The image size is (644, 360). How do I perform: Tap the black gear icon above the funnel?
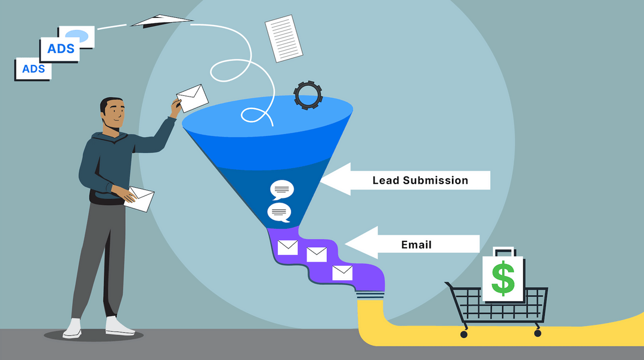click(308, 95)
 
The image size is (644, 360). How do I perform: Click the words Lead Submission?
click(420, 180)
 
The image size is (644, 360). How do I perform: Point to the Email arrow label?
click(416, 244)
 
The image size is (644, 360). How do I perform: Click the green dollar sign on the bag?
click(503, 279)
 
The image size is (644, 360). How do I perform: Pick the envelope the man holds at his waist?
click(141, 198)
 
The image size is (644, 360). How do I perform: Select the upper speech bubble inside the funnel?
click(281, 190)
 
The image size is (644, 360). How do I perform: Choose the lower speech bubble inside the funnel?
click(279, 212)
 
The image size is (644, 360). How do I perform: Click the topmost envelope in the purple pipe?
click(287, 247)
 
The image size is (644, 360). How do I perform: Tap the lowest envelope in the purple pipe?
click(342, 273)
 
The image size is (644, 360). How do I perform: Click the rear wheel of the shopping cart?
click(464, 334)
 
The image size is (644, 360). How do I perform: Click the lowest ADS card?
click(33, 69)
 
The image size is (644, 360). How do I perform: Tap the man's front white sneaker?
click(120, 325)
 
